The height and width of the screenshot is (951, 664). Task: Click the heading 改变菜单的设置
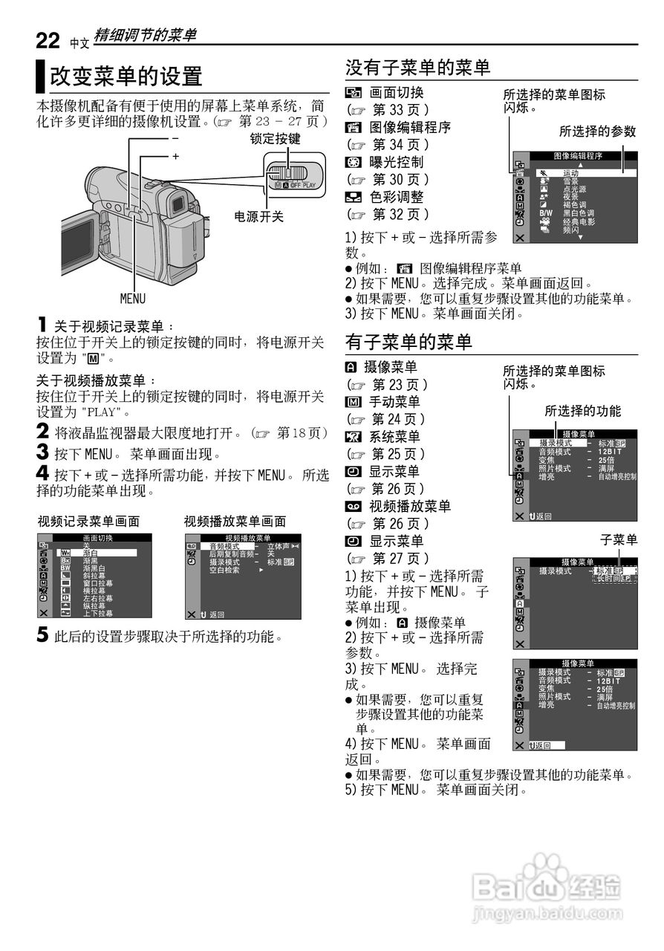(126, 76)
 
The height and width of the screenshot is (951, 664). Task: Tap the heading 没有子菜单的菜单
(417, 68)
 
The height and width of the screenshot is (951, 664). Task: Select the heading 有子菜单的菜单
(409, 342)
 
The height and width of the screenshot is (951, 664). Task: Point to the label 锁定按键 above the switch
(275, 139)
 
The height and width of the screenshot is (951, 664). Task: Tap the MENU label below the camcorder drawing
(133, 299)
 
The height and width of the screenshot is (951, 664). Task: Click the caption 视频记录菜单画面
(88, 522)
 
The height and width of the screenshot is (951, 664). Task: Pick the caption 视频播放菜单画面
(235, 522)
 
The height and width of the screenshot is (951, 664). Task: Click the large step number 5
(43, 636)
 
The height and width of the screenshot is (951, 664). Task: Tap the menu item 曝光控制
(396, 162)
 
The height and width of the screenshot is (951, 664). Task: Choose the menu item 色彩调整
(396, 198)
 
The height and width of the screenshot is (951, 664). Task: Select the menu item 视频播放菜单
(406, 507)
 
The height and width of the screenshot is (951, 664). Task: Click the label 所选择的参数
(597, 132)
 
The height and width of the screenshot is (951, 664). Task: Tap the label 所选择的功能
(582, 411)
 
